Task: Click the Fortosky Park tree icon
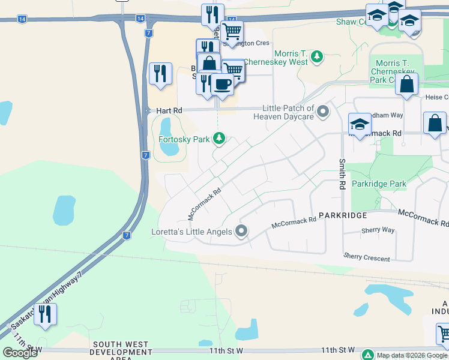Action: click(x=220, y=139)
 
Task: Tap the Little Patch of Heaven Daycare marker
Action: click(x=323, y=112)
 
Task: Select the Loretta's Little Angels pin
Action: click(x=241, y=231)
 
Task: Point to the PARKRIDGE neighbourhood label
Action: click(x=342, y=214)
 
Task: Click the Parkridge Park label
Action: click(x=379, y=184)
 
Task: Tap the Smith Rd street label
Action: click(x=342, y=174)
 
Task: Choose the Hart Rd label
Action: click(x=169, y=111)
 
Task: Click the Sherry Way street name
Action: click(x=378, y=230)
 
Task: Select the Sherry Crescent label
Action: click(x=367, y=257)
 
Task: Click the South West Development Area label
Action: click(x=120, y=350)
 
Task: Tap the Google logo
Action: click(x=20, y=352)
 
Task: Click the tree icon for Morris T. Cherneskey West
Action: click(x=316, y=58)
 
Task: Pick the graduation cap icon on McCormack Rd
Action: click(x=360, y=124)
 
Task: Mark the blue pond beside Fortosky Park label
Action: click(x=165, y=127)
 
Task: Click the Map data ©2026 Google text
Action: click(x=412, y=355)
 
